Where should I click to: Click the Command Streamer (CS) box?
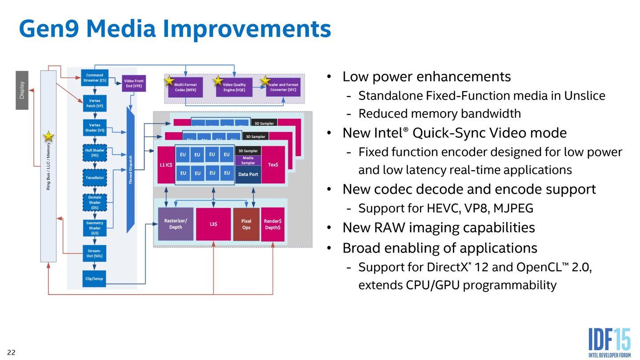pos(94,78)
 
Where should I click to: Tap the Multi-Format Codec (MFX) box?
pos(185,87)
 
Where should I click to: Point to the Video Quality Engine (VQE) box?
pos(234,87)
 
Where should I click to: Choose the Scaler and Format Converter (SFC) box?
pos(283,87)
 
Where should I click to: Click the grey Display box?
pos(22,90)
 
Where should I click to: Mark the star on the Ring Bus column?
pos(48,136)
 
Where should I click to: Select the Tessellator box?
pos(94,178)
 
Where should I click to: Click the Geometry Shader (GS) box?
pos(94,228)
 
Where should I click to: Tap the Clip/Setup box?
pos(94,279)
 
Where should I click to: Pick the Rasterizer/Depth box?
pos(176,224)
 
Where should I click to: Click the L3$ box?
pos(213,224)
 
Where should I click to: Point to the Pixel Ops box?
pos(246,224)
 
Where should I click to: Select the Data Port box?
pos(248,175)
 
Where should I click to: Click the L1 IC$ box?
pos(165,165)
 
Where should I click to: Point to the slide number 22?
pos(11,352)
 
